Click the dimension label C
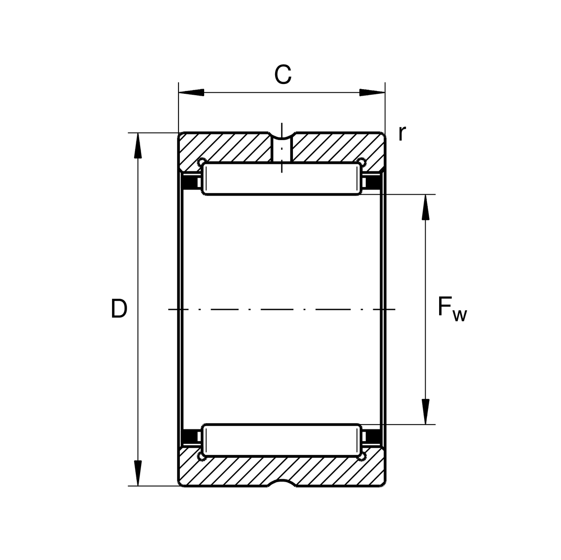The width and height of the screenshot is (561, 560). (283, 75)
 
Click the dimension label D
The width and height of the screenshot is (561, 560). (119, 308)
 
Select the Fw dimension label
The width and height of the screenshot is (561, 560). (452, 310)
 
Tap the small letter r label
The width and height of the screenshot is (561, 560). (402, 133)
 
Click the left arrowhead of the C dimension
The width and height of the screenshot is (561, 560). (191, 92)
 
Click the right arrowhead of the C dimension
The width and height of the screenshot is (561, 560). (372, 92)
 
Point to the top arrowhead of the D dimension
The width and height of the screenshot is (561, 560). (138, 146)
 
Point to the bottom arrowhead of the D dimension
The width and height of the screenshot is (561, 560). (138, 473)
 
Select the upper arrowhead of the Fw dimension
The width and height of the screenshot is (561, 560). (426, 207)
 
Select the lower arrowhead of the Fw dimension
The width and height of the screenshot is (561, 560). (426, 412)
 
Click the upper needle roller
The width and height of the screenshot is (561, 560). (282, 179)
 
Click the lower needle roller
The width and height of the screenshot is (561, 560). (282, 440)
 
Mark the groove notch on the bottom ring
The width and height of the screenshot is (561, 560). (282, 483)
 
